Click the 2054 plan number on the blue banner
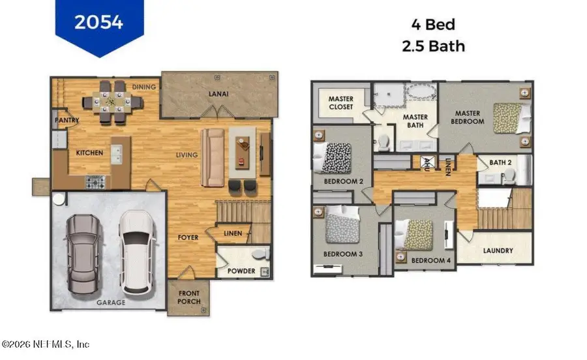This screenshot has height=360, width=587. pos(99,22)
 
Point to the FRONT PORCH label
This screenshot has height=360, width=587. pos(189,297)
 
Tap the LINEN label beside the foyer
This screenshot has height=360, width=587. pos(233,233)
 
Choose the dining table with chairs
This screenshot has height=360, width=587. pos(113,101)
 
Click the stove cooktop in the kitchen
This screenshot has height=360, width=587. pos(95,181)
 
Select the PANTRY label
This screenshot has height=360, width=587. pos(67,120)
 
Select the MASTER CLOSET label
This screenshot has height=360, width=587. pos(340,103)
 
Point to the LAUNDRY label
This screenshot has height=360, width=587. pos(498,250)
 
